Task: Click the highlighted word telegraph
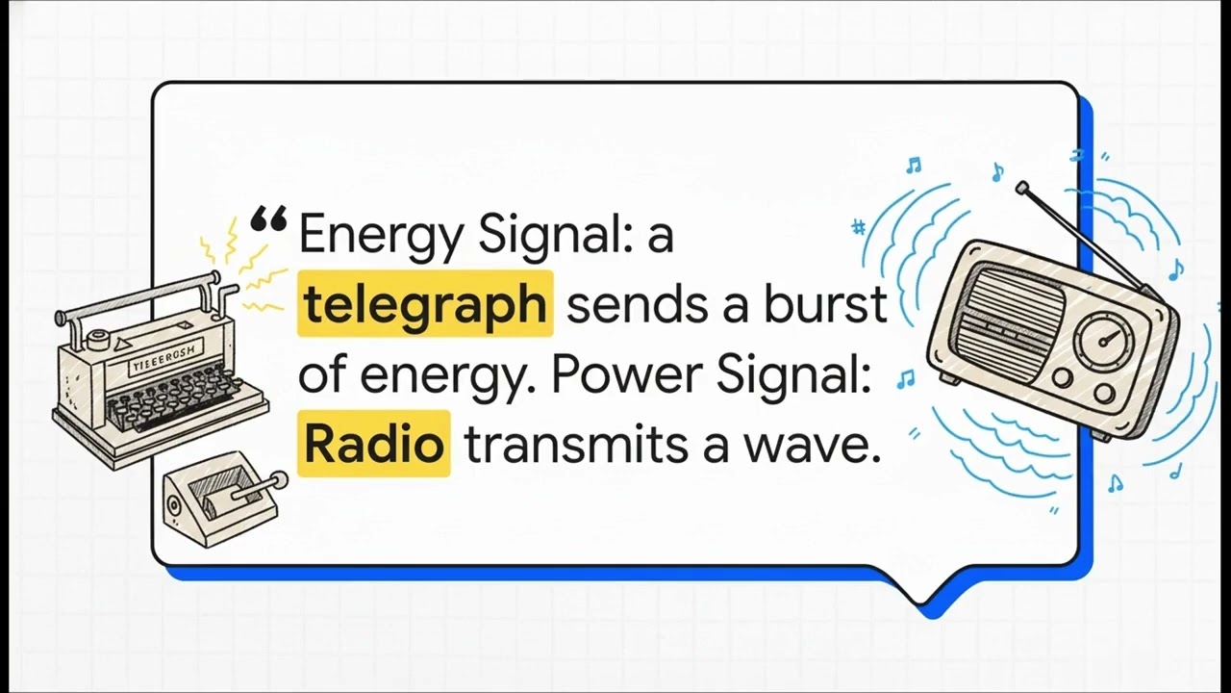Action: [424, 304]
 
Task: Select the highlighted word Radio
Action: [373, 445]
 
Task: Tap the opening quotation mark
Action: [267, 223]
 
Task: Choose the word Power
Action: [617, 375]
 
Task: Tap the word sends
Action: [629, 304]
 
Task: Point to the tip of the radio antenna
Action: [1021, 187]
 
